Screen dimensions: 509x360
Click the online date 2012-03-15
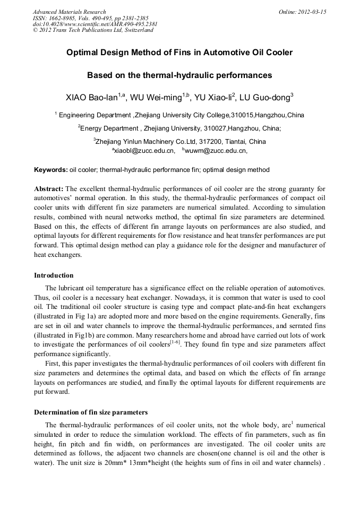tap(313, 12)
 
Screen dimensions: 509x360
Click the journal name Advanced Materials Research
tap(70, 12)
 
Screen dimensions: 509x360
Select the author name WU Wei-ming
tap(158, 97)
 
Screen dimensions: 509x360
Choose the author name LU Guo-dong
tap(269, 97)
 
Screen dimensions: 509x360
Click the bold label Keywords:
tap(51, 170)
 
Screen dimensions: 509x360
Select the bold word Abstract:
tap(49, 189)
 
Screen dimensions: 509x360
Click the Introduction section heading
tap(54, 275)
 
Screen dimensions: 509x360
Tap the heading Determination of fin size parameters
tap(91, 412)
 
